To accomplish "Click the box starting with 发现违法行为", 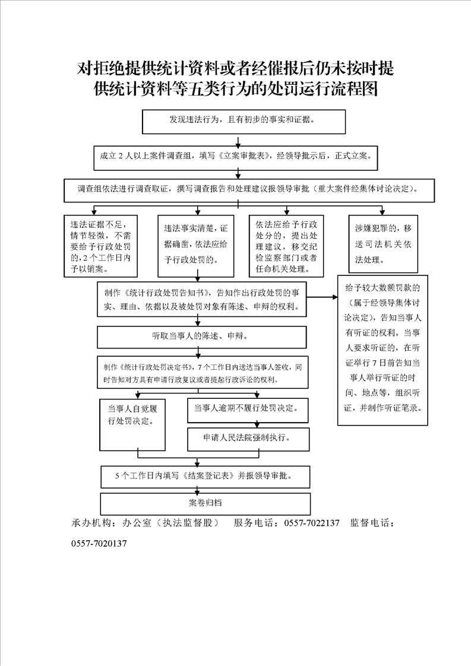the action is click(244, 122).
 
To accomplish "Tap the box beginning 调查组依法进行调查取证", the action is click(249, 191).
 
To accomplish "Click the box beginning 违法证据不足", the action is click(101, 246).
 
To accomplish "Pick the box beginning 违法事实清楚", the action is click(196, 246).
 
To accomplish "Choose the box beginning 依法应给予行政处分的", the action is click(286, 246).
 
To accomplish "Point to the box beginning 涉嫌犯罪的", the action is click(383, 243).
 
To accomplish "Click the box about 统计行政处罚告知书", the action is click(202, 299).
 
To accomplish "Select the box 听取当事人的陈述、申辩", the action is click(202, 337).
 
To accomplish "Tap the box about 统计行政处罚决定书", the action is click(203, 372).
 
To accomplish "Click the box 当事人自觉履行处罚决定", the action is click(132, 424).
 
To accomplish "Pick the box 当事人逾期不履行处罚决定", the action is click(248, 410).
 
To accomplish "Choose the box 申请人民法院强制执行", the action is click(248, 439).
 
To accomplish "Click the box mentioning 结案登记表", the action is click(206, 477).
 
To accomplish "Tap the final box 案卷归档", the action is click(206, 504).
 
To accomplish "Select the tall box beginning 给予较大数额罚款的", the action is click(383, 350).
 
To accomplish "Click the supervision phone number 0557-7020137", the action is click(99, 543).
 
